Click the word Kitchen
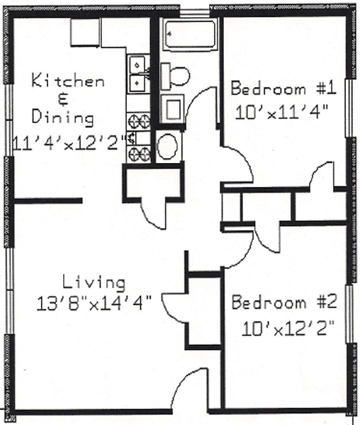[x=68, y=81]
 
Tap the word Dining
[x=63, y=118]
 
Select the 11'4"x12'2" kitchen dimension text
[x=69, y=143]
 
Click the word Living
[x=94, y=283]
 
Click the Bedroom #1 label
[x=283, y=89]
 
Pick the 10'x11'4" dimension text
[x=282, y=112]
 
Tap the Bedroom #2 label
[x=284, y=302]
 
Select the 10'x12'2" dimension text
[x=288, y=328]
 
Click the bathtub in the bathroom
[x=191, y=35]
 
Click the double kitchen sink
[x=138, y=74]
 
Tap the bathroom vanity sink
[x=173, y=108]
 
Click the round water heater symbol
[x=168, y=147]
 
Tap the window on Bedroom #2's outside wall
[x=349, y=314]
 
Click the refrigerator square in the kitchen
[x=85, y=32]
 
